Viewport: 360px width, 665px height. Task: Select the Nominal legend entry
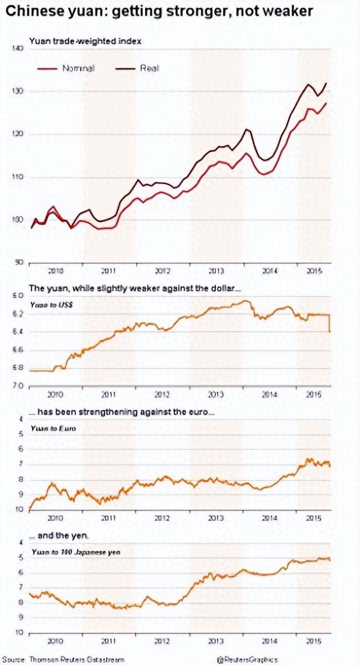click(x=78, y=68)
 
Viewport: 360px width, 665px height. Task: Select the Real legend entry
click(x=149, y=68)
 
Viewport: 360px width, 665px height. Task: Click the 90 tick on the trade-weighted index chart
click(x=18, y=262)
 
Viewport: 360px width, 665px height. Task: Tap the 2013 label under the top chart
click(x=216, y=271)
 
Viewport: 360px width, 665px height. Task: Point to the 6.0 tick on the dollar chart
click(x=17, y=296)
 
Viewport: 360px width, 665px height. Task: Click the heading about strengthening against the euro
click(x=123, y=412)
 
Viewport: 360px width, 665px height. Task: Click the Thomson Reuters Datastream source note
click(x=62, y=660)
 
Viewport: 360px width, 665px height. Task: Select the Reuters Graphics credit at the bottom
click(x=247, y=660)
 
